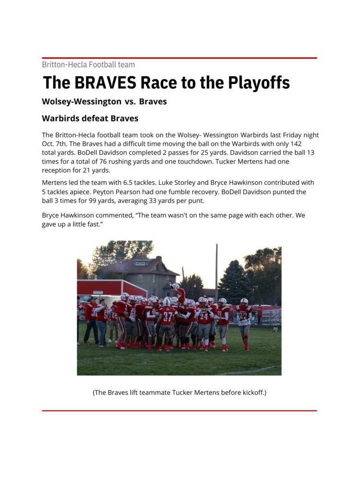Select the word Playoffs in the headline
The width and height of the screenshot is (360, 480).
click(259, 83)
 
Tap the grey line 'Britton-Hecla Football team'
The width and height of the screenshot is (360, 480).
click(88, 64)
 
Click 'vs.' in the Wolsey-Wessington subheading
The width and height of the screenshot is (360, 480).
click(130, 102)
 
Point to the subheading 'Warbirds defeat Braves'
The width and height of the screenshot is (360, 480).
click(90, 118)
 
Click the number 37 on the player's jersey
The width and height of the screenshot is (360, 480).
click(167, 317)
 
